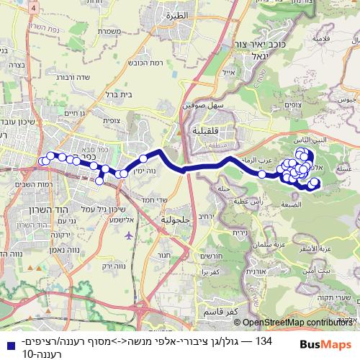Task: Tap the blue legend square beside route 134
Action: [x=7, y=346]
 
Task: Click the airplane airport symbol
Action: [x=128, y=235]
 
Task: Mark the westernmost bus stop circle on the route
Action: [x=44, y=160]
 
